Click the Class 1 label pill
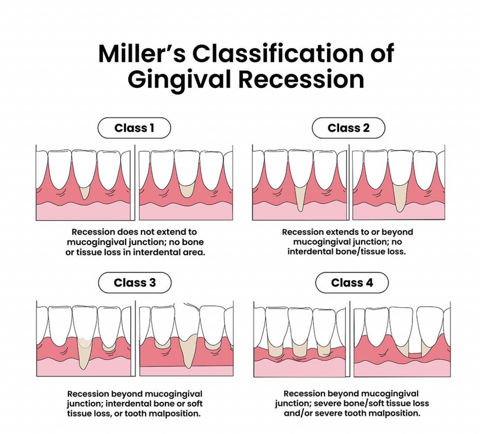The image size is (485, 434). (x=134, y=128)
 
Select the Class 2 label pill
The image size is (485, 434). (x=348, y=128)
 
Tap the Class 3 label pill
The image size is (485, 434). (x=134, y=283)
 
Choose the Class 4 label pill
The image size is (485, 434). (x=352, y=283)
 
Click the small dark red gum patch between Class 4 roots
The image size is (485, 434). (x=415, y=355)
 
